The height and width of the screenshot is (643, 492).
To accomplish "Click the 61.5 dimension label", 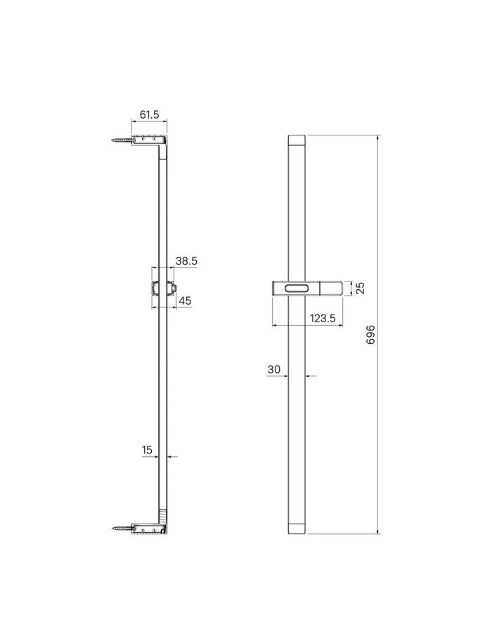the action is [x=149, y=114].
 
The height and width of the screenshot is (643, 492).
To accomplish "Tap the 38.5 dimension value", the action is [x=186, y=260].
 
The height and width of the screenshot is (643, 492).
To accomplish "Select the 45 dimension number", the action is [x=186, y=300].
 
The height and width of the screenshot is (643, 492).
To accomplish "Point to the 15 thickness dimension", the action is [x=147, y=450].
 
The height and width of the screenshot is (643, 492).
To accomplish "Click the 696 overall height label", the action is [x=370, y=335].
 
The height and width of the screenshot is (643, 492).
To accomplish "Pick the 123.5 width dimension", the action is [x=323, y=318].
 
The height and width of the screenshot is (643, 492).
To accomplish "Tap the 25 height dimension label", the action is [x=360, y=288].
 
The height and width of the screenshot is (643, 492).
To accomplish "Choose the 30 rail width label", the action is [x=274, y=369].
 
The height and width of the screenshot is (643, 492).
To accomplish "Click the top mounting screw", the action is [x=122, y=140].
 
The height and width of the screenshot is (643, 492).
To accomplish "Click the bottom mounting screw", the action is [x=122, y=529].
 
